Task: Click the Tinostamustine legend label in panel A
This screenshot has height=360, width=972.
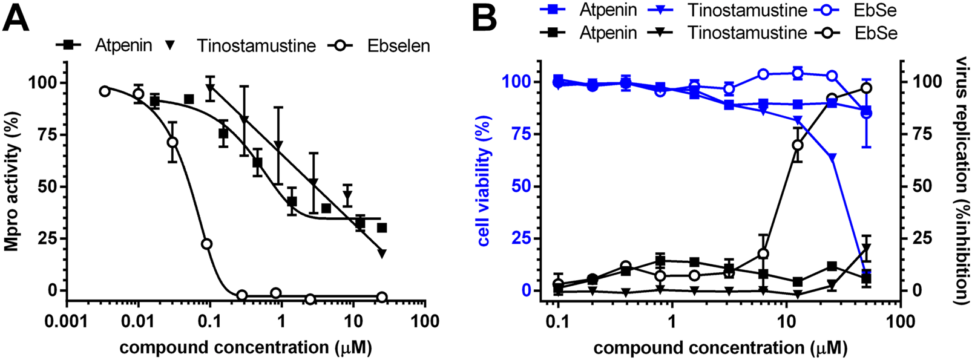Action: point(255,46)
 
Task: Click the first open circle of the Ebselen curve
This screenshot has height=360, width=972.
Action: point(105,91)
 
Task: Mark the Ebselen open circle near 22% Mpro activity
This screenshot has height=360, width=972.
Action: point(206,244)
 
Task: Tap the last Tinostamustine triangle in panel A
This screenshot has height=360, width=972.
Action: point(382,254)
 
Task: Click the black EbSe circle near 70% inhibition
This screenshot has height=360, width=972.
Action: point(798,145)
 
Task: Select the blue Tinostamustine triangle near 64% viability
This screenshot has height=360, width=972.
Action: point(832,157)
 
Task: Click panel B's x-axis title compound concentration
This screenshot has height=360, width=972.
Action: point(720,348)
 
